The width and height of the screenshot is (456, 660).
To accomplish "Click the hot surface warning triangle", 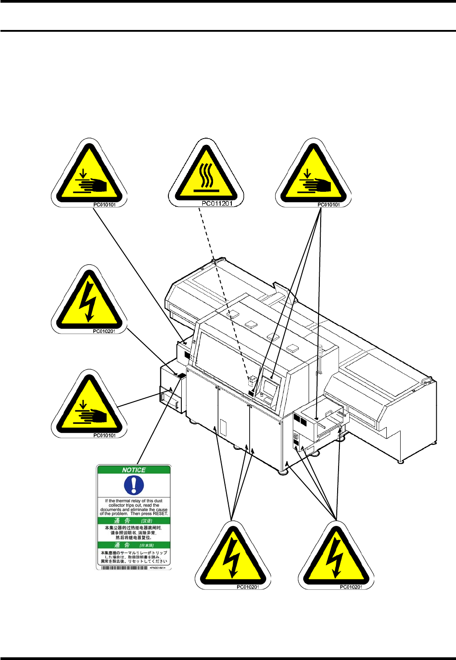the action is coord(206,174).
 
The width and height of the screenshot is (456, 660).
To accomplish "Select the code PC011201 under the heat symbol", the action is coord(217,204).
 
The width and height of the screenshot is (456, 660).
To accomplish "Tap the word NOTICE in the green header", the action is coord(134,470).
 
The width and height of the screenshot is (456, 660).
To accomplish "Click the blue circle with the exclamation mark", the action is coord(134,485).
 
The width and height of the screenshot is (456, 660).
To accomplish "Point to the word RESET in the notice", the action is coord(160,514).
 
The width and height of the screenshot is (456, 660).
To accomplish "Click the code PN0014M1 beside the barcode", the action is coord(158,568).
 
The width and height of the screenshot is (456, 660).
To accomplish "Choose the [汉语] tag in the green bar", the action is coord(146,521).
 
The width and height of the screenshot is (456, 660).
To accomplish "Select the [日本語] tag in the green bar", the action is coord(146,546).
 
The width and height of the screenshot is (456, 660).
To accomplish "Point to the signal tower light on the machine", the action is coord(319,351).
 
